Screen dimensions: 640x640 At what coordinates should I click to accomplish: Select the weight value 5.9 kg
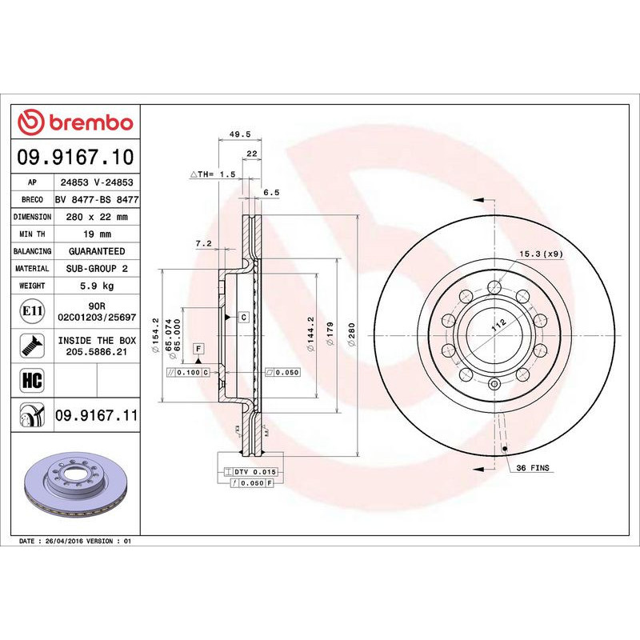pos(94,286)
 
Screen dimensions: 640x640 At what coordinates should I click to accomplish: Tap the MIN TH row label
pos(33,234)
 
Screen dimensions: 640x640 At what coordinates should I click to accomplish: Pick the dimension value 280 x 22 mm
pos(94,217)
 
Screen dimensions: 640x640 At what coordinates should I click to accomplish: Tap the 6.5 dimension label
pos(271,192)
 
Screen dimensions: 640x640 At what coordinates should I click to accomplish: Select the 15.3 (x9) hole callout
pos(540,254)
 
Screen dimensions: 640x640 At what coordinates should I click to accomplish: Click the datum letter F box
pos(198,348)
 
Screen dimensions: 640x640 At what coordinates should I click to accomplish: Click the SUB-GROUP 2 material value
pos(94,269)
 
